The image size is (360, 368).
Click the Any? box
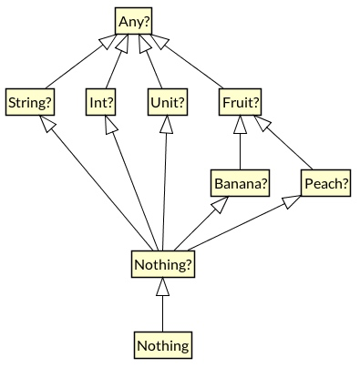click(x=134, y=21)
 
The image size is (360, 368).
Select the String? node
click(x=30, y=102)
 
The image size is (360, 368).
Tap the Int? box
click(x=101, y=102)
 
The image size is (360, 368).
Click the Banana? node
click(x=241, y=184)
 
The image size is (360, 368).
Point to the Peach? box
click(x=325, y=184)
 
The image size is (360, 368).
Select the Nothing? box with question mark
click(x=163, y=265)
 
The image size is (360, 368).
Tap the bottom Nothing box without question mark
click(x=163, y=345)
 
